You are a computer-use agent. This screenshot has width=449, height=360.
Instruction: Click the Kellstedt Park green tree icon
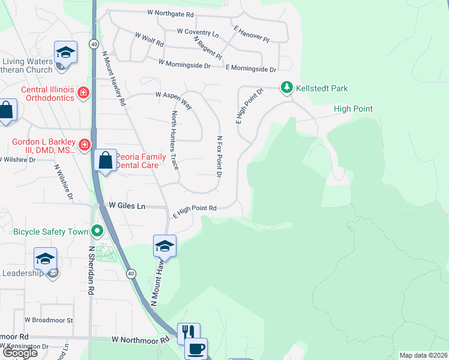coord(287,88)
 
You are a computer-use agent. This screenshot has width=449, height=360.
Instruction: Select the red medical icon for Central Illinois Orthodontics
coord(83,92)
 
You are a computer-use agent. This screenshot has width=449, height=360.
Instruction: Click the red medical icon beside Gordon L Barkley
coord(85,144)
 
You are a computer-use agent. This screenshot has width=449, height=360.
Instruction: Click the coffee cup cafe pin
coord(197,347)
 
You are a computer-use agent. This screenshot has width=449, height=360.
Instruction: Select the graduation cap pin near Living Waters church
coord(65,52)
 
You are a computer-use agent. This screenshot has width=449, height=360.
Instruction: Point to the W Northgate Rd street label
coord(170,13)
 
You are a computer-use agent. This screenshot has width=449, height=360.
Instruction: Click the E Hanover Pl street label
coord(252,33)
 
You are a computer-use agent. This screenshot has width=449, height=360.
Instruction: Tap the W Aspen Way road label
coord(173,99)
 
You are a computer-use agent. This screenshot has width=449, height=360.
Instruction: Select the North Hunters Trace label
coord(175,140)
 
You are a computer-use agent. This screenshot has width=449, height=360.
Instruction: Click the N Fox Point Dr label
coord(219,156)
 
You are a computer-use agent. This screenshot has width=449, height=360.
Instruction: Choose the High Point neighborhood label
coord(353,109)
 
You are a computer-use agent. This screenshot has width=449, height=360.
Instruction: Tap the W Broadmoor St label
coord(48,320)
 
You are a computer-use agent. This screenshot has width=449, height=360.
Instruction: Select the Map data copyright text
coord(423,355)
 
